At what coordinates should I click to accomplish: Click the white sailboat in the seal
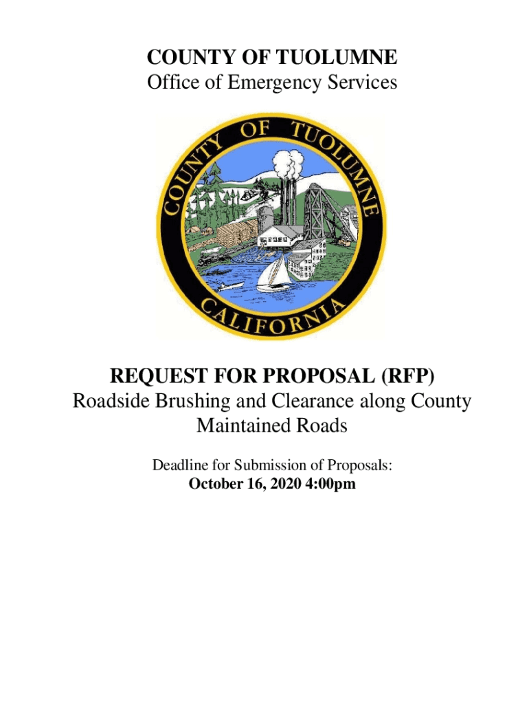[273, 274]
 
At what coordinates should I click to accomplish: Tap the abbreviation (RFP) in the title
[403, 377]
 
